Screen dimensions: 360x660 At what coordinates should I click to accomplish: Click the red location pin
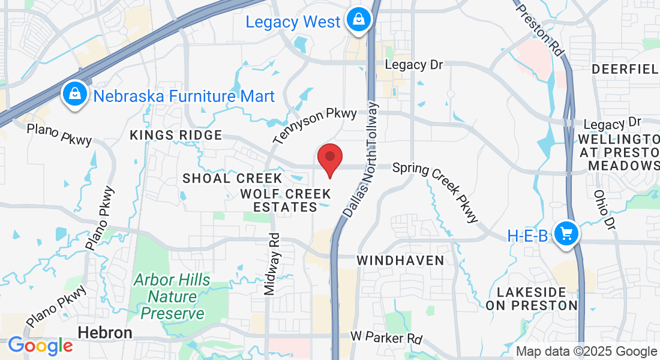329,158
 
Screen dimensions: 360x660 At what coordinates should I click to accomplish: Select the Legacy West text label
293,22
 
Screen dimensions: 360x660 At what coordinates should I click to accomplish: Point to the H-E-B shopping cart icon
566,233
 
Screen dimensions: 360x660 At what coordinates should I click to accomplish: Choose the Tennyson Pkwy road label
315,125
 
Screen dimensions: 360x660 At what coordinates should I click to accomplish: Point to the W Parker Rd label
386,338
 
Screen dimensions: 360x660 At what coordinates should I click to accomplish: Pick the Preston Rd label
539,27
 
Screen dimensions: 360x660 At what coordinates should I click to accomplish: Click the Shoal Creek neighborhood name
232,178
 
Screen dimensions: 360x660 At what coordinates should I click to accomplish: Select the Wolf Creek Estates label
286,200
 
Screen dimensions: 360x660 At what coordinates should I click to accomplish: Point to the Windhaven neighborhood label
400,260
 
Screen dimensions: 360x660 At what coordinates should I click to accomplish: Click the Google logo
40,346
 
